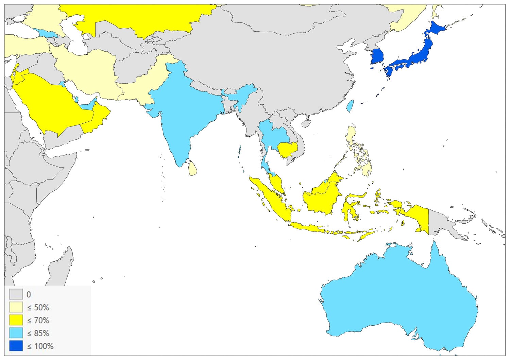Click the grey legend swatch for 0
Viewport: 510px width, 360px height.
click(16, 294)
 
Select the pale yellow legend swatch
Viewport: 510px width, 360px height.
click(16, 307)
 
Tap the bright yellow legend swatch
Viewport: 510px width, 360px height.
click(16, 320)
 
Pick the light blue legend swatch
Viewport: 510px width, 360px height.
click(16, 333)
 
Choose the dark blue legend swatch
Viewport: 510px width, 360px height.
click(16, 346)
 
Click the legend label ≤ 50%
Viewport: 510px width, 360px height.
click(38, 308)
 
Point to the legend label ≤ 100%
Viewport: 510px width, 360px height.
click(40, 346)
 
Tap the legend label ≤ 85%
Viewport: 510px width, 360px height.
click(38, 333)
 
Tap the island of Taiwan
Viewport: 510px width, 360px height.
click(350, 106)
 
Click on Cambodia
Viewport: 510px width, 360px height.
click(287, 150)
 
